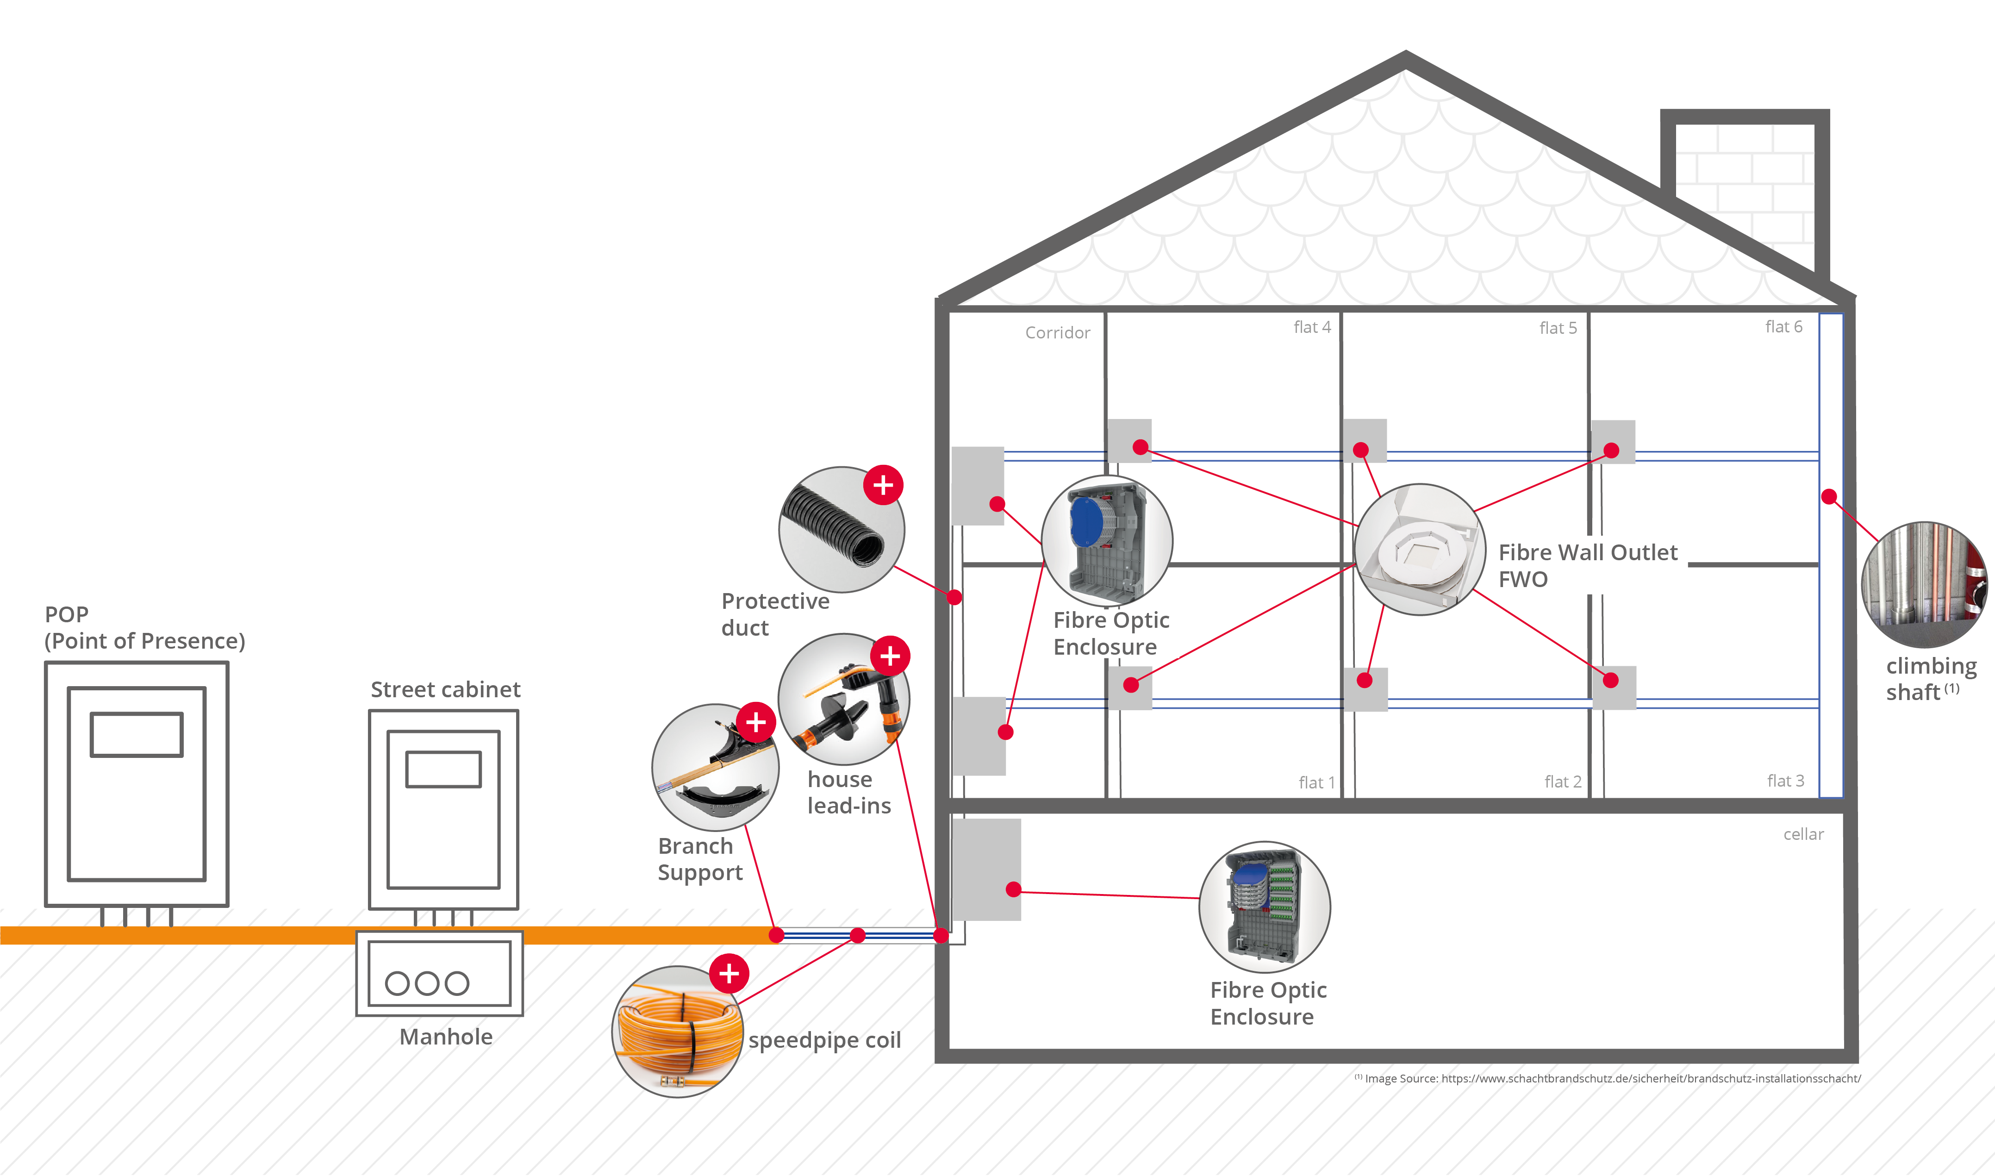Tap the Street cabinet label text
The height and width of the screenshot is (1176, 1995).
445,689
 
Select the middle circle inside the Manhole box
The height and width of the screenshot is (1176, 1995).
427,983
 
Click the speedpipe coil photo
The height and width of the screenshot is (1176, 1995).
677,1031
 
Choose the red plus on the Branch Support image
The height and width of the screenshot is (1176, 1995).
756,722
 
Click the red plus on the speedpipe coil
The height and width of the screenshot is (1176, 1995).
729,973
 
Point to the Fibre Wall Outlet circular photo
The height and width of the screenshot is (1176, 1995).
1420,549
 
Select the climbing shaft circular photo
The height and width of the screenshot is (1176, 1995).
1925,585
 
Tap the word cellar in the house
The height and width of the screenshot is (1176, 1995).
1803,834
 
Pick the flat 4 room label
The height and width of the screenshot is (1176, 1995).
1312,327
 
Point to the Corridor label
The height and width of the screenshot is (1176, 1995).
1058,333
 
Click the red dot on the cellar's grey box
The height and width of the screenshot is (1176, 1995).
1013,889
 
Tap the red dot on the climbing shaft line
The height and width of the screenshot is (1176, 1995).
1829,497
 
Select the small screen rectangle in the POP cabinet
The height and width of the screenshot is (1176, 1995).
136,735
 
